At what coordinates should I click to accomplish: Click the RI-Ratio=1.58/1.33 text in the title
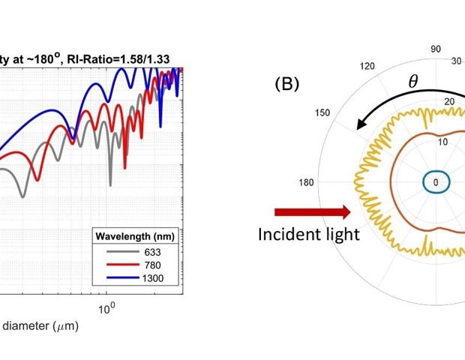click(134, 58)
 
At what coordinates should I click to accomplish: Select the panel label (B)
click(287, 83)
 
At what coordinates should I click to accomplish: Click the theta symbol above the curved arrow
click(413, 82)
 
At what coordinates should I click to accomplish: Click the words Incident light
click(308, 234)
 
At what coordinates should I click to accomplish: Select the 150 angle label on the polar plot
click(323, 112)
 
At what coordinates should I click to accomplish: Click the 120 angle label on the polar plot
click(367, 66)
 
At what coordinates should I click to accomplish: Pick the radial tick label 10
click(443, 142)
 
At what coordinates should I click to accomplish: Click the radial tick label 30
click(456, 61)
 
